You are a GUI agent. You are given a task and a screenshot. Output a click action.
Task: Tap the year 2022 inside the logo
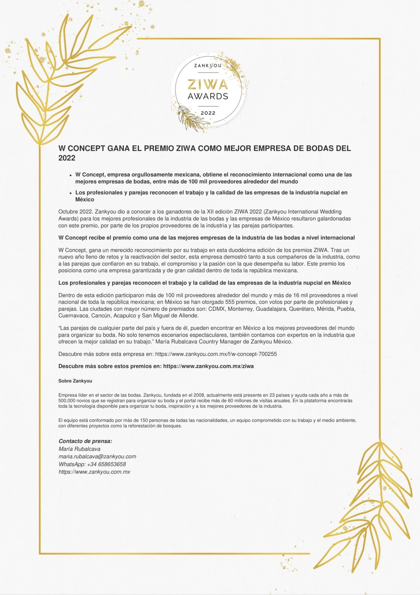click(208, 113)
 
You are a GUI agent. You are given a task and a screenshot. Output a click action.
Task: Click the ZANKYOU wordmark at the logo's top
click(208, 66)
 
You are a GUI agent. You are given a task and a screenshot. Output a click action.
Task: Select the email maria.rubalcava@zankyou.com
click(97, 456)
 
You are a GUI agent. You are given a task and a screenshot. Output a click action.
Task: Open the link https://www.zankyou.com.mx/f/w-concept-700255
click(216, 354)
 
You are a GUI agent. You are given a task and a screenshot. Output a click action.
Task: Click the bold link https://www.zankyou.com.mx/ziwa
click(208, 366)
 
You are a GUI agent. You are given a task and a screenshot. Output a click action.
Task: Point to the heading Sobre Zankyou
click(75, 381)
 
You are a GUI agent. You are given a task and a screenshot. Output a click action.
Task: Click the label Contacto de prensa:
click(85, 441)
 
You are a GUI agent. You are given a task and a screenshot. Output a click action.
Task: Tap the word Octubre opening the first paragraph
click(68, 212)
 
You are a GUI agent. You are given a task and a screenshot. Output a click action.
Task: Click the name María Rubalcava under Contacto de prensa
click(79, 449)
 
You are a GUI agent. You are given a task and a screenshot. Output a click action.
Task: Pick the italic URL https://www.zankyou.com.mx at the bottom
click(94, 472)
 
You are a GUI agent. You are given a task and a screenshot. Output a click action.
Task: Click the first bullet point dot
click(70, 175)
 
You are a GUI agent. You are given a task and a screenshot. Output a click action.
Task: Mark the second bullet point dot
click(70, 193)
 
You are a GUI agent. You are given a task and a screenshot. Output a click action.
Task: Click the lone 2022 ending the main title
click(67, 158)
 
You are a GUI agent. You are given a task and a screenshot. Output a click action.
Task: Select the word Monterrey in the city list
click(240, 309)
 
